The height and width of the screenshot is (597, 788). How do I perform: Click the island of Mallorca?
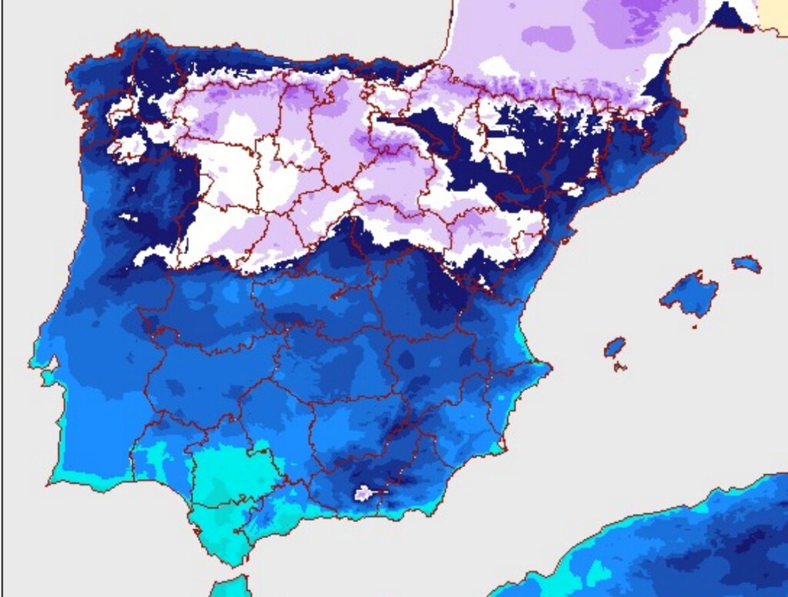point(689,294)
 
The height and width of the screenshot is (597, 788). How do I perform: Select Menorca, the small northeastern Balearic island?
point(746,264)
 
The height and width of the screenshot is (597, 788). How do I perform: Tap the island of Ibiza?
point(615,347)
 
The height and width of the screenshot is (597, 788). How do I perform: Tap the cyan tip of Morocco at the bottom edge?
point(231,586)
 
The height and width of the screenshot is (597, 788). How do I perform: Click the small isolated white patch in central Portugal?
point(127,218)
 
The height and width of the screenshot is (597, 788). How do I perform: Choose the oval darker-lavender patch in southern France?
point(549,36)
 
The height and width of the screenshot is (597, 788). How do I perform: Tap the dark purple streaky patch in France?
point(623,19)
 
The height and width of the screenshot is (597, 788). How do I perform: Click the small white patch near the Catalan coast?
point(572,188)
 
